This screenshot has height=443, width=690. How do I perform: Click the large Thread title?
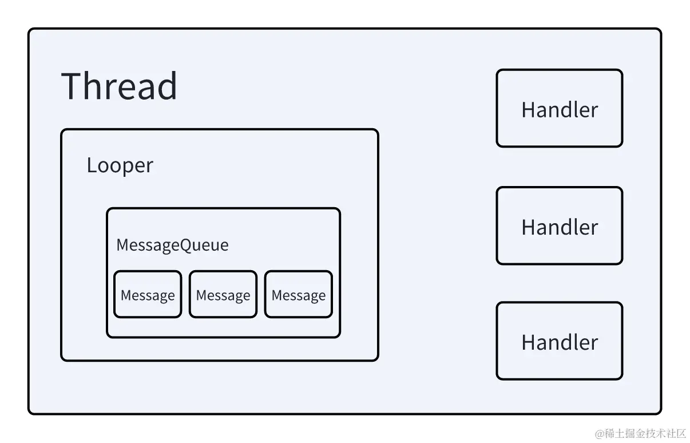tap(119, 86)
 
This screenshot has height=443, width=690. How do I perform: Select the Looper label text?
tap(120, 165)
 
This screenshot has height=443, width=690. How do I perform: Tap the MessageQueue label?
tap(172, 245)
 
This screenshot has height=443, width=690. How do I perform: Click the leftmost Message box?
tap(148, 295)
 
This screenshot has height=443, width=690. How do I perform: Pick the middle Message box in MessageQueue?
tap(223, 295)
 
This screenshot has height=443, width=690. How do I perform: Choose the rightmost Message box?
tap(299, 295)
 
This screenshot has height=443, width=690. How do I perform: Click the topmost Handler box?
tap(559, 109)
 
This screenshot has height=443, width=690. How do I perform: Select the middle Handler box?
tap(559, 226)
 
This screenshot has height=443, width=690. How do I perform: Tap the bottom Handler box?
tap(559, 341)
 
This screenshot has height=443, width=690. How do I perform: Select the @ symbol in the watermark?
tap(600, 433)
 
